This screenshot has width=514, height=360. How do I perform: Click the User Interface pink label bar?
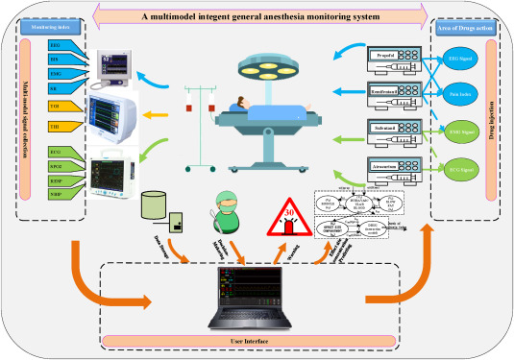click(x=257, y=341)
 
